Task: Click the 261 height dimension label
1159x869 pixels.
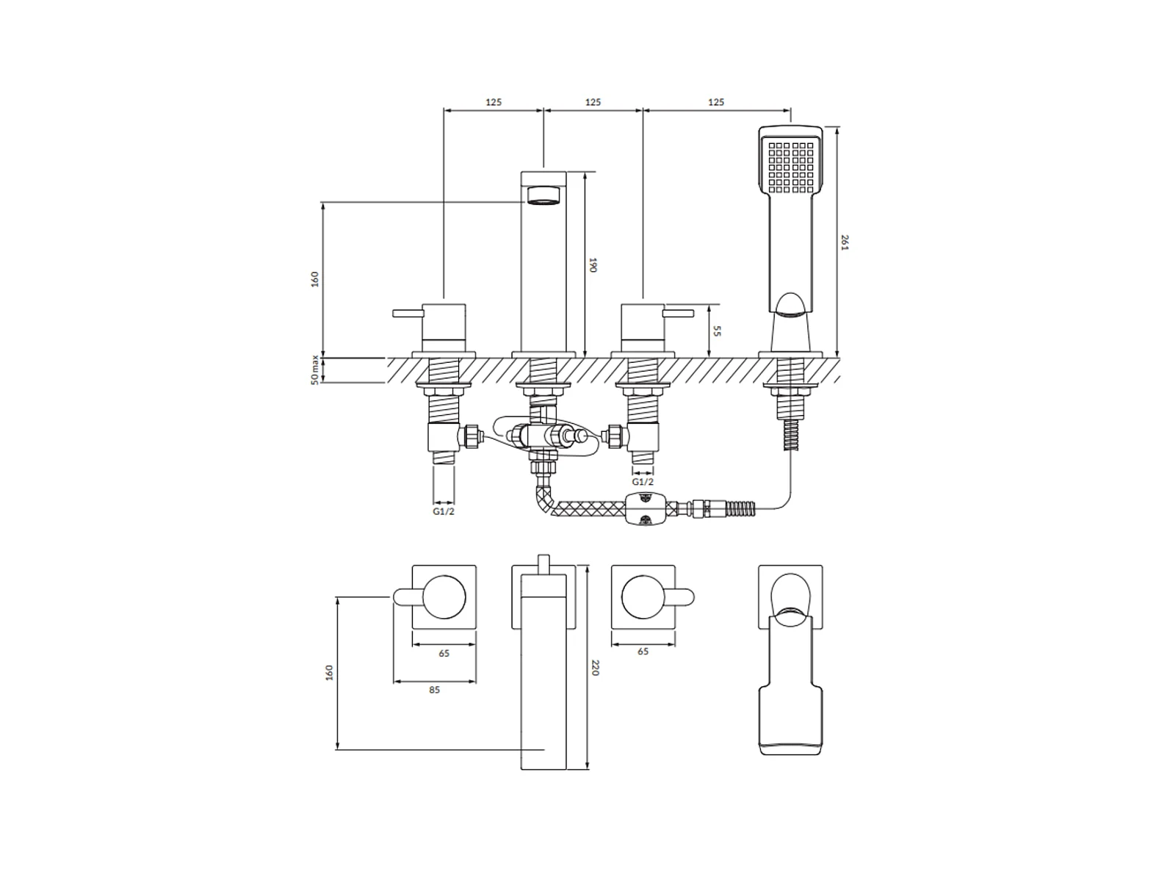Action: pyautogui.click(x=845, y=242)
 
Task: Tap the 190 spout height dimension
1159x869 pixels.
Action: pyautogui.click(x=593, y=265)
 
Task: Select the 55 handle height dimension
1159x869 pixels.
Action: pyautogui.click(x=717, y=331)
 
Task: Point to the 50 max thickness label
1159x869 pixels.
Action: pyautogui.click(x=314, y=369)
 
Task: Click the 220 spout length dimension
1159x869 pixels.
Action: pyautogui.click(x=595, y=667)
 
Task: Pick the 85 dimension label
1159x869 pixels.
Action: pyautogui.click(x=435, y=690)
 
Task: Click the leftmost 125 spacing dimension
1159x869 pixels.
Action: pyautogui.click(x=494, y=102)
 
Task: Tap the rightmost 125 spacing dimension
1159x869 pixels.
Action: pyautogui.click(x=716, y=102)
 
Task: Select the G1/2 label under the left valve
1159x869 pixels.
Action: pyautogui.click(x=444, y=511)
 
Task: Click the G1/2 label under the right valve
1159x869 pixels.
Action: pyautogui.click(x=643, y=481)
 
